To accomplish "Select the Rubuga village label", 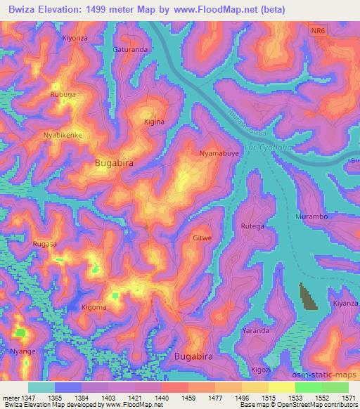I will click(63, 94).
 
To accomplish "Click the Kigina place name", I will click(154, 122).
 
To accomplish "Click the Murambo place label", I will click(312, 216).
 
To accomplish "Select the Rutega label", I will click(252, 226).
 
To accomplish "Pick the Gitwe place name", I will click(202, 238).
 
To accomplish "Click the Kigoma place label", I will click(94, 308).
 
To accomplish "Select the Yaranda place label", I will click(255, 330).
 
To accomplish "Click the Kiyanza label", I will click(346, 304).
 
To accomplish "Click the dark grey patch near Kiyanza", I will click(307, 296).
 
